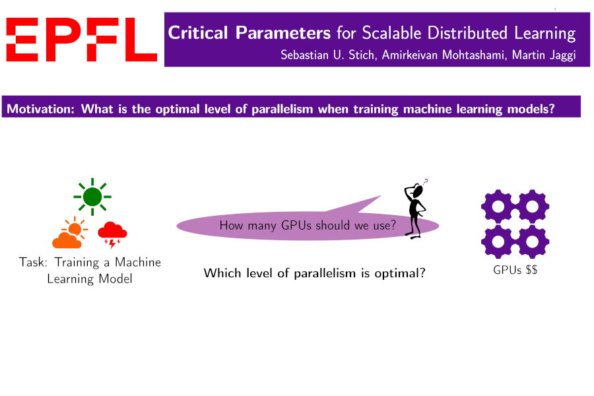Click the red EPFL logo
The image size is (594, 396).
pyautogui.click(x=81, y=40)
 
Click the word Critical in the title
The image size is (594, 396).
pyautogui.click(x=198, y=32)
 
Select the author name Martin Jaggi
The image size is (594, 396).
pyautogui.click(x=544, y=55)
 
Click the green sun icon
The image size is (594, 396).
pyautogui.click(x=92, y=197)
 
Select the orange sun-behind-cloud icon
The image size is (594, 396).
pyautogui.click(x=69, y=233)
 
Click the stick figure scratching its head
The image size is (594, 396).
pyautogui.click(x=416, y=211)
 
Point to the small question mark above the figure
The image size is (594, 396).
pyautogui.click(x=426, y=181)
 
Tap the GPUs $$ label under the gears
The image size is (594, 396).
pyautogui.click(x=515, y=270)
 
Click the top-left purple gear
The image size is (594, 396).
pyautogui.click(x=498, y=207)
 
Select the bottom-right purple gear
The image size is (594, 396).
pyautogui.click(x=532, y=242)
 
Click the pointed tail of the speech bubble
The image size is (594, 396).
pyautogui.click(x=380, y=196)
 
